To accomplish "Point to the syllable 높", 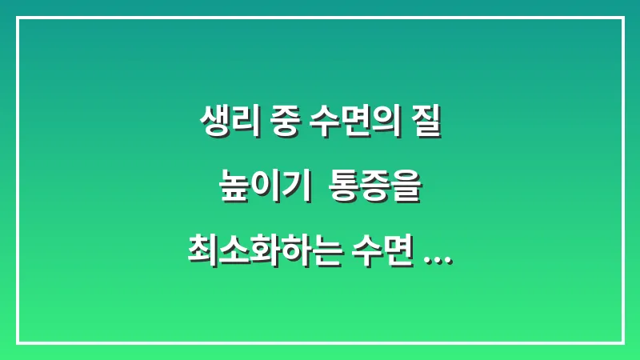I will coord(232,189).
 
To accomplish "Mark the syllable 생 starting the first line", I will coord(212,126).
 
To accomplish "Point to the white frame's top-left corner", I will coord(18,18).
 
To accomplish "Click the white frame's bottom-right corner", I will coord(622,342).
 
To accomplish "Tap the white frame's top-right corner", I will coord(622,18).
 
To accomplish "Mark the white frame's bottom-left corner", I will coord(18,342).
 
